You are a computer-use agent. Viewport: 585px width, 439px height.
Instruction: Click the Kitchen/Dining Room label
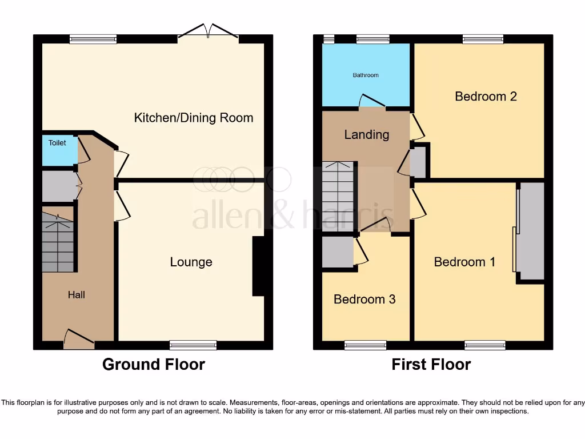(x=193, y=118)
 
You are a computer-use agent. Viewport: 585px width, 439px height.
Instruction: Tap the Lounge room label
(x=191, y=262)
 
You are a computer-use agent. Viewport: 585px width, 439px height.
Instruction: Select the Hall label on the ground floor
(x=77, y=294)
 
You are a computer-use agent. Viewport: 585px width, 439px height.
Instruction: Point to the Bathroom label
(x=366, y=75)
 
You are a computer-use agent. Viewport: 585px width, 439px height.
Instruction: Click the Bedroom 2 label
(x=486, y=96)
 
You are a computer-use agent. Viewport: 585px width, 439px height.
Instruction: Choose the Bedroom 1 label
(x=464, y=262)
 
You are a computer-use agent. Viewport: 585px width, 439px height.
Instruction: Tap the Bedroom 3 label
(x=364, y=299)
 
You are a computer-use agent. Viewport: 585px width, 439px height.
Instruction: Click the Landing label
(x=366, y=134)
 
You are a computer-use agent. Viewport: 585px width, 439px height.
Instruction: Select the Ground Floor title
(x=153, y=364)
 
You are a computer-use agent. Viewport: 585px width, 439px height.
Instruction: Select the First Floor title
(x=431, y=364)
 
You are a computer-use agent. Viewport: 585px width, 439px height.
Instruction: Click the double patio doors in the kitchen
(x=208, y=33)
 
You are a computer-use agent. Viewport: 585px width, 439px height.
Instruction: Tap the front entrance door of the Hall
(x=79, y=340)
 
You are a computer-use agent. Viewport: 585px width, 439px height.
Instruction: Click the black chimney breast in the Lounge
(x=258, y=266)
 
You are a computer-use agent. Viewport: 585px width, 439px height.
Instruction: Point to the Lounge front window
(x=193, y=345)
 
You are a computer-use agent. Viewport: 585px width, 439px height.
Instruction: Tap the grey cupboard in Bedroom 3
(x=337, y=252)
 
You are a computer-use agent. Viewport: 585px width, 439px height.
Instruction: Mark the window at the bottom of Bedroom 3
(x=365, y=345)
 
